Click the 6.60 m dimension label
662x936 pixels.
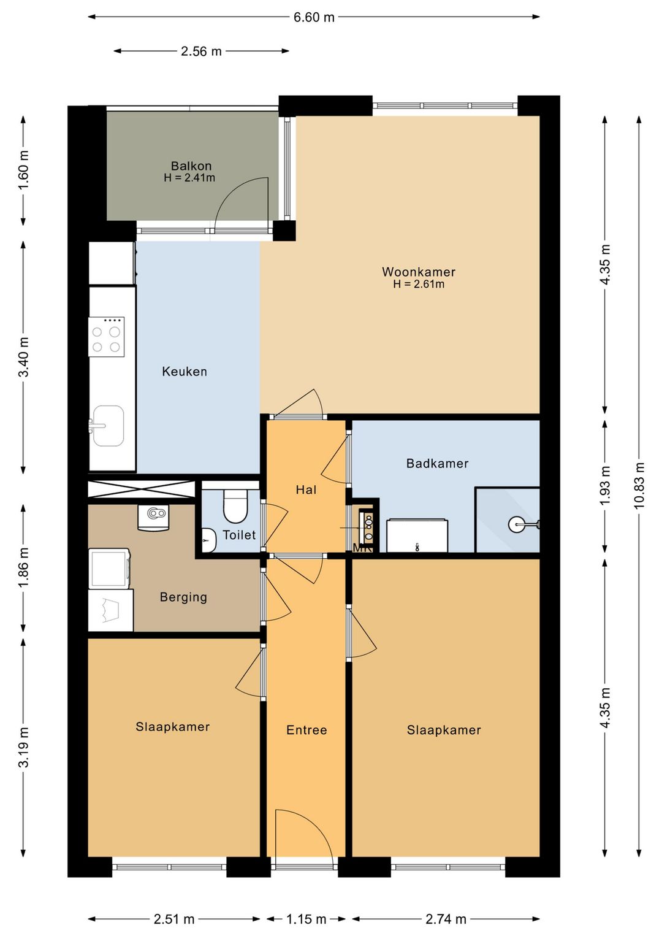[x=314, y=17]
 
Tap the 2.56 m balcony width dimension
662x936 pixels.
[x=201, y=51]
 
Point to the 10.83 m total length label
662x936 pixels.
[x=639, y=485]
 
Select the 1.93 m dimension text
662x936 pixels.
[x=605, y=485]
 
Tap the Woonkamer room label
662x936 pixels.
[x=419, y=272]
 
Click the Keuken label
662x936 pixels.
[x=184, y=371]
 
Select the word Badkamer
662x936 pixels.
[x=437, y=463]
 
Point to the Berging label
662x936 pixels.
[x=183, y=597]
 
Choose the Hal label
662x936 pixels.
[x=306, y=489]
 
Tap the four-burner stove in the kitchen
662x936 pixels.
[x=107, y=337]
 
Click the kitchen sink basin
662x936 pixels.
[x=108, y=426]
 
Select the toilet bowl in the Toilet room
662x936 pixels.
[x=235, y=505]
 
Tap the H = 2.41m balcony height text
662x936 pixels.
[x=189, y=178]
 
